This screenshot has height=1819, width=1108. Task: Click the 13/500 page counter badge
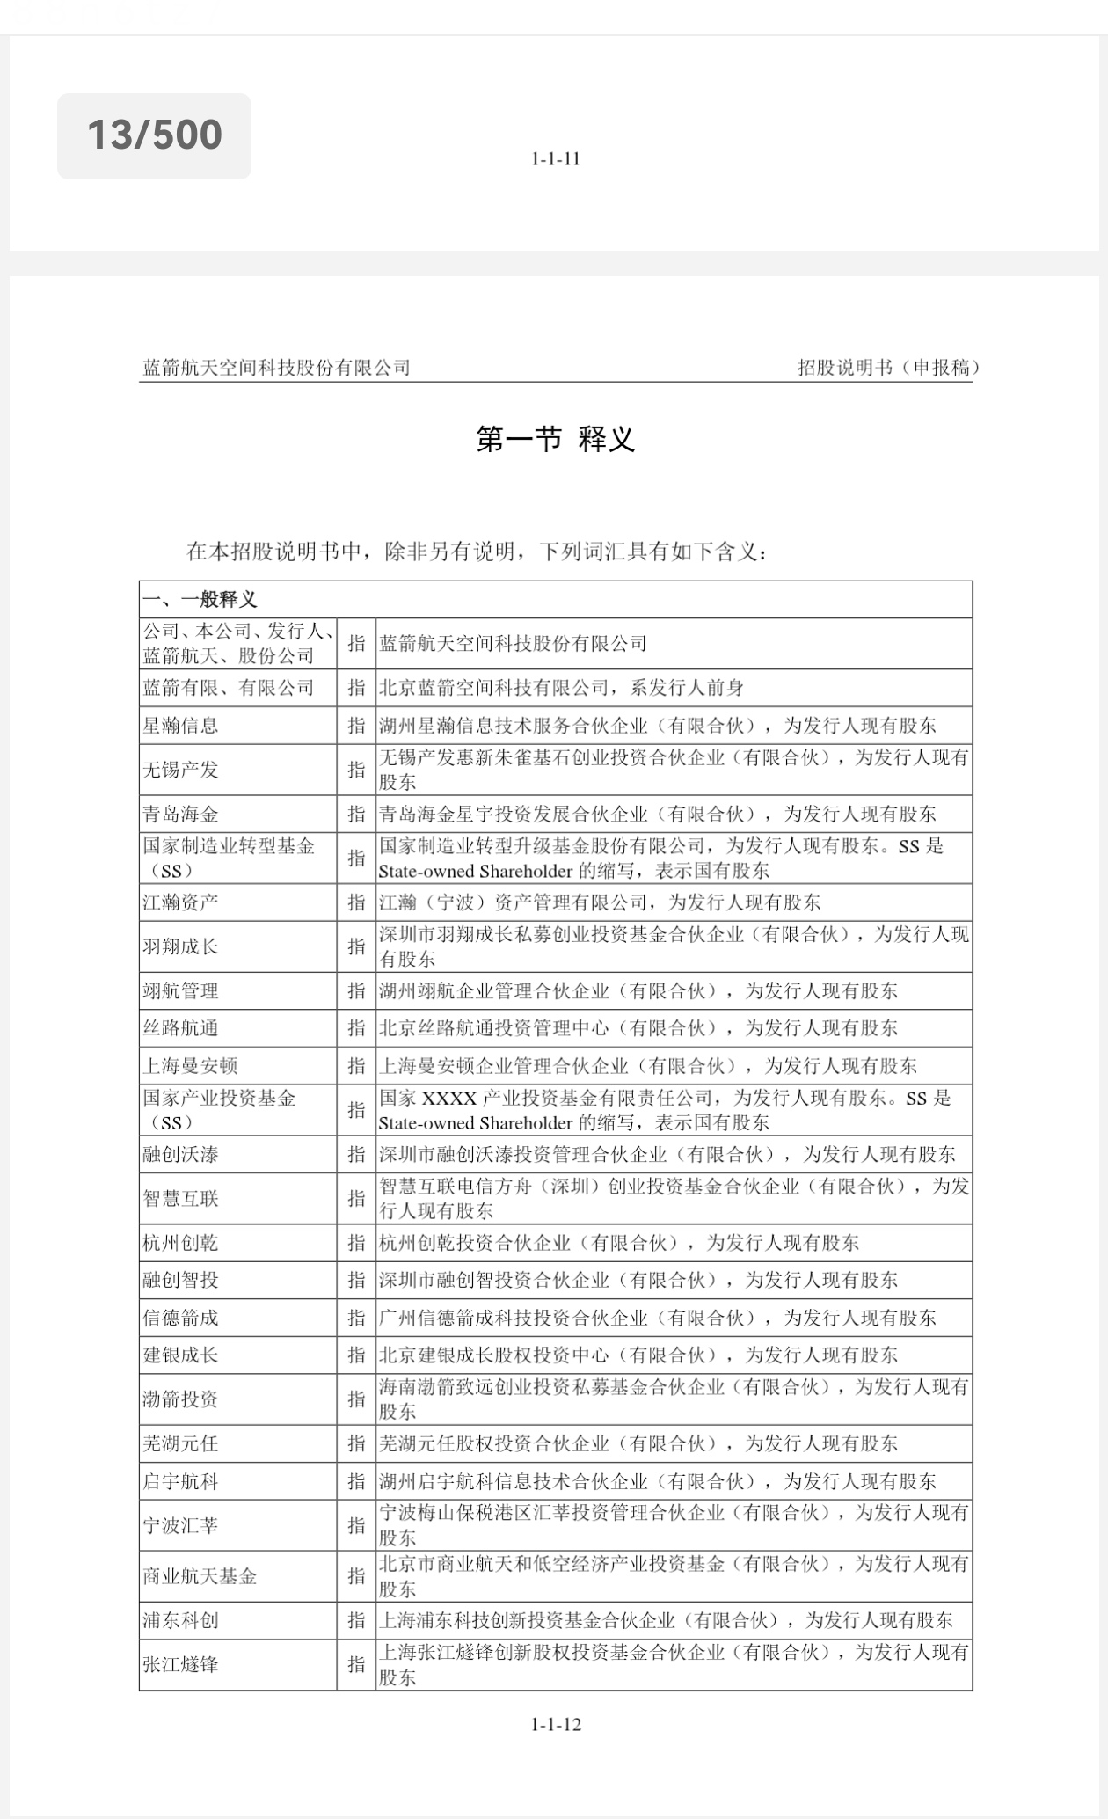coord(154,135)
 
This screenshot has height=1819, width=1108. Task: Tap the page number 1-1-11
coord(555,159)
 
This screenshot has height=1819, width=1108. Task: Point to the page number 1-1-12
coord(556,1724)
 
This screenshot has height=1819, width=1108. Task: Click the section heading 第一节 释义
coord(555,439)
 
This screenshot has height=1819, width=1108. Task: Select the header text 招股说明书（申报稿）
coord(888,368)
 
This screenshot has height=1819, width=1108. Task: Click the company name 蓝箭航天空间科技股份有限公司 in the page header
coord(276,368)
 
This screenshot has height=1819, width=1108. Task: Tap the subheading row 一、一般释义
coord(200,600)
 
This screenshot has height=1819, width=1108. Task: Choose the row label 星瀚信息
coord(181,726)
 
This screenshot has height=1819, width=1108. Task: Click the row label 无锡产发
coord(181,770)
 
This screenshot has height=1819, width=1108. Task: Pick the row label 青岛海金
coord(181,814)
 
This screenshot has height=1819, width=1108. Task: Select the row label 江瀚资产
coord(181,902)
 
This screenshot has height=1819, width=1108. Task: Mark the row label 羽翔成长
coord(181,946)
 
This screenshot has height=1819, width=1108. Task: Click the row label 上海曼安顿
coord(191,1066)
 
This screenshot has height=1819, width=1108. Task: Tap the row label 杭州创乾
coord(181,1243)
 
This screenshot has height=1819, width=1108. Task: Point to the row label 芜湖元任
coord(181,1443)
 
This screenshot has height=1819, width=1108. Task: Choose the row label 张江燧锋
coord(181,1664)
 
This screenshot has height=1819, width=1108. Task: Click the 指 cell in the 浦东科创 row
coord(356,1620)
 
